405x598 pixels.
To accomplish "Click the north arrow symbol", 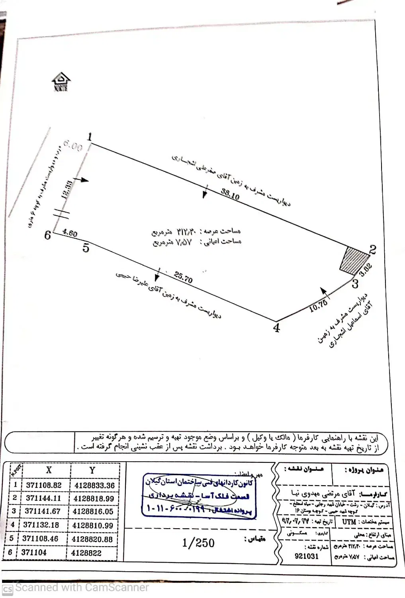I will [61, 82].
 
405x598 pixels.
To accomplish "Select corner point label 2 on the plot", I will [372, 250].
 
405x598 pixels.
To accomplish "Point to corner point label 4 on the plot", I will [276, 328].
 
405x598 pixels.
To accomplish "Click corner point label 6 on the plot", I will [48, 235].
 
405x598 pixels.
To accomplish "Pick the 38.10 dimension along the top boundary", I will [230, 194].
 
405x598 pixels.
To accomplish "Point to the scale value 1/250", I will [198, 543].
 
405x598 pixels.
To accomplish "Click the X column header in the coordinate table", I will [49, 470].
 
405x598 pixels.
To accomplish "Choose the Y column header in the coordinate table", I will [92, 470].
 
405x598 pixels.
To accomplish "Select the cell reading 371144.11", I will [43, 498].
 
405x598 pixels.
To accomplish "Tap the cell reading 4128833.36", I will [93, 485].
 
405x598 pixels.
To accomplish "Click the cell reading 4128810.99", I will [93, 525].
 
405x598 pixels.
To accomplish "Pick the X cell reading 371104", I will [36, 553].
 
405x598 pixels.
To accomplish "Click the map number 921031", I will [306, 556].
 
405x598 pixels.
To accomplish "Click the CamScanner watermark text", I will [82, 588].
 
